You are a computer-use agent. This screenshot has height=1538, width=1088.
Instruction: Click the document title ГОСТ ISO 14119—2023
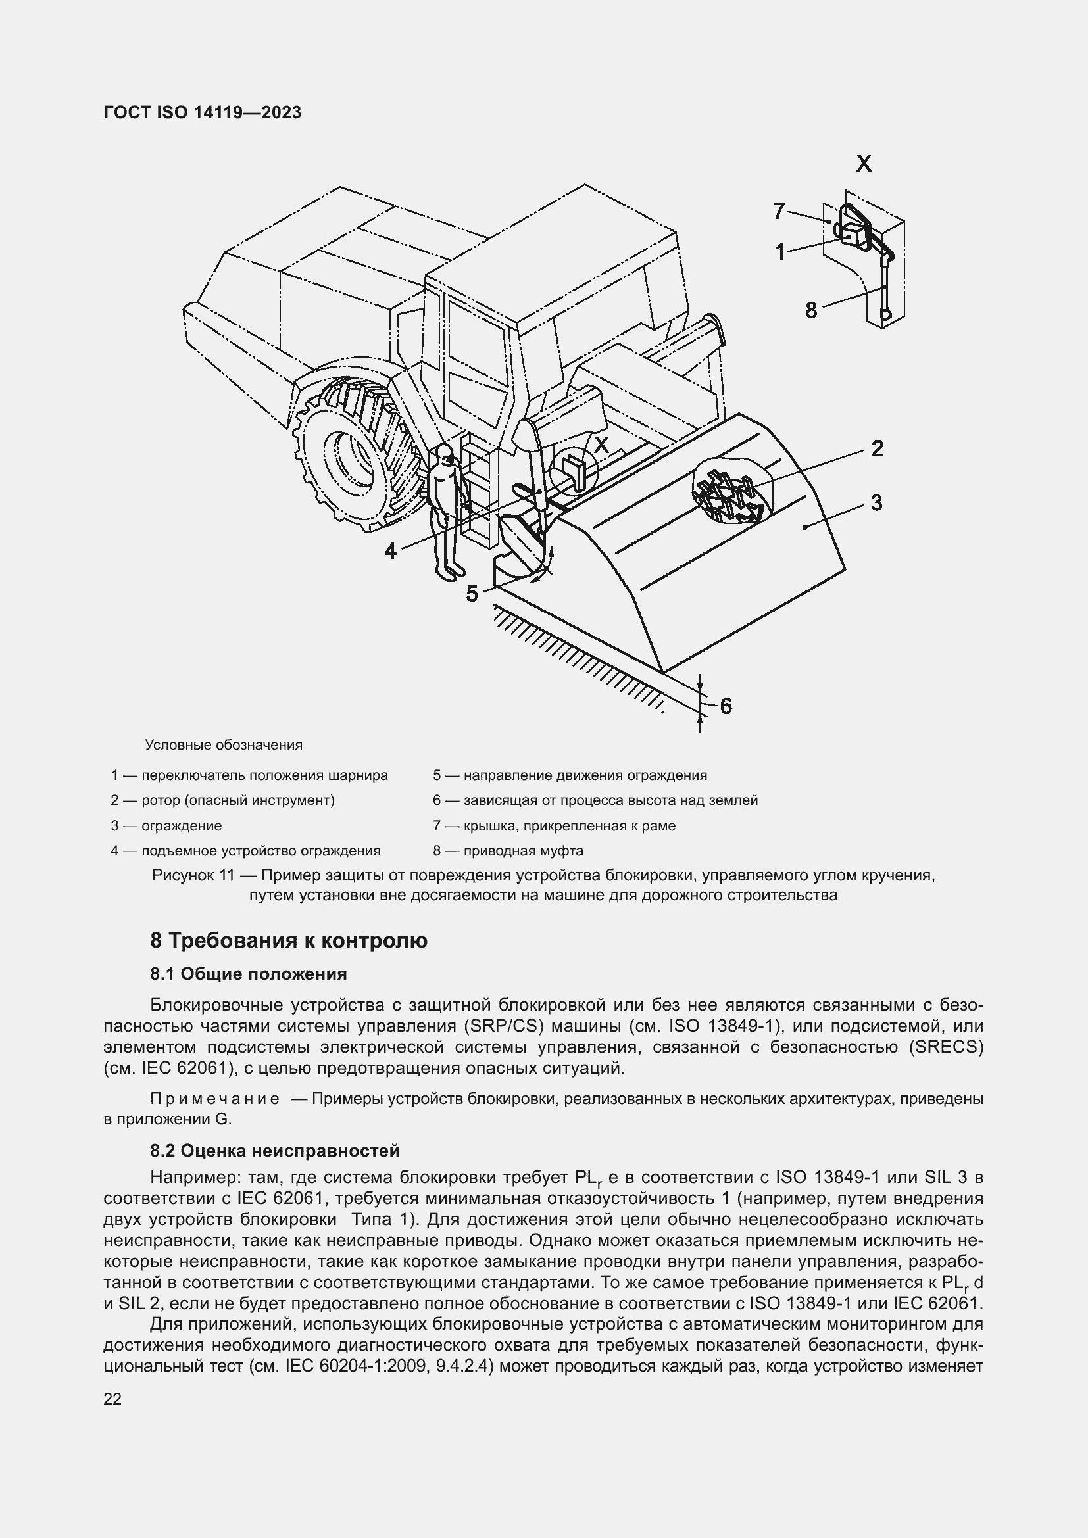tap(203, 112)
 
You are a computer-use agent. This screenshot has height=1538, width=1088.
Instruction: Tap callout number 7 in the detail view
tap(778, 212)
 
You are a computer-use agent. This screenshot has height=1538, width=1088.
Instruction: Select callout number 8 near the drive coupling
tap(811, 310)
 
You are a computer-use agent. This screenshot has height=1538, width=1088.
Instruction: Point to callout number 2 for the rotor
tap(877, 448)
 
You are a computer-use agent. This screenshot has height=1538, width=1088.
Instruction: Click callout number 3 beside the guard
tap(876, 502)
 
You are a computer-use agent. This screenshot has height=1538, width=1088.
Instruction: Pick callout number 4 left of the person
tap(391, 551)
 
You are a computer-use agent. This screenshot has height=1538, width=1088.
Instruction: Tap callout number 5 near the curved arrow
tap(472, 594)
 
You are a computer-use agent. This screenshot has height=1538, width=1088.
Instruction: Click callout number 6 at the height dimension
tap(726, 706)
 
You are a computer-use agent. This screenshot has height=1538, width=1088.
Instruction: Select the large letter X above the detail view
tap(864, 164)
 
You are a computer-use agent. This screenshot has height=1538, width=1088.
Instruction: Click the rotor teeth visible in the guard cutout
tap(729, 494)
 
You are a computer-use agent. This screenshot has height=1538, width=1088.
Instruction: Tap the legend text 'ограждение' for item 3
tap(182, 826)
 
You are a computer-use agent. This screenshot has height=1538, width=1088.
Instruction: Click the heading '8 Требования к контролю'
tap(289, 940)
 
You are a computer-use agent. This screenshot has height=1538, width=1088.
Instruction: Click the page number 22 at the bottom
tap(112, 1399)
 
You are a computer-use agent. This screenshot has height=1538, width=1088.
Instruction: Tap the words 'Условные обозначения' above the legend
tap(224, 745)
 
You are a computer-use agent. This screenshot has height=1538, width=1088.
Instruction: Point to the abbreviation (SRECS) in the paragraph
tap(946, 1047)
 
